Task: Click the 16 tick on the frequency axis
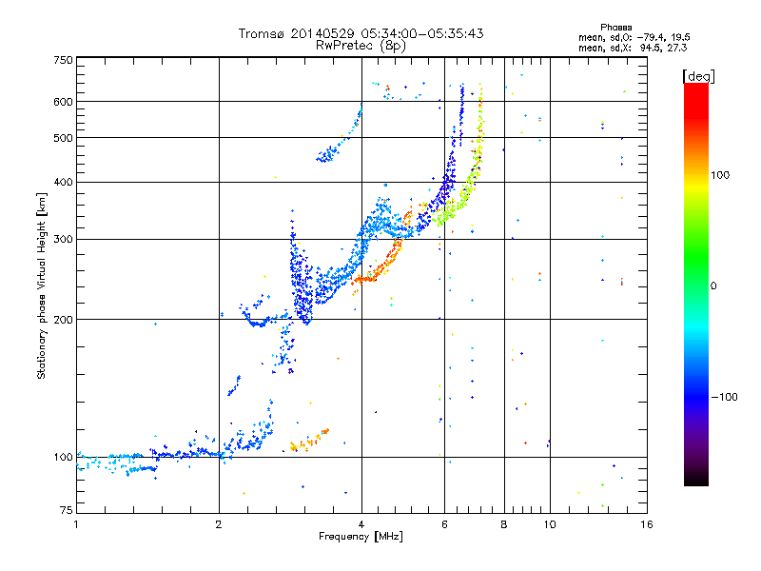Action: [x=646, y=524]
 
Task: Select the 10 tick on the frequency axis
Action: [x=549, y=524]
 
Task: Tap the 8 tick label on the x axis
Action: [x=504, y=524]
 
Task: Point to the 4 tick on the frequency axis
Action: [x=361, y=524]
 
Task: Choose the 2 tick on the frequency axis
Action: [x=219, y=524]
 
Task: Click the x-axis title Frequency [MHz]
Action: [x=361, y=538]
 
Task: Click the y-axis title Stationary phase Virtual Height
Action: [x=42, y=285]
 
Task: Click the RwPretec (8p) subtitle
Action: [x=361, y=45]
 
